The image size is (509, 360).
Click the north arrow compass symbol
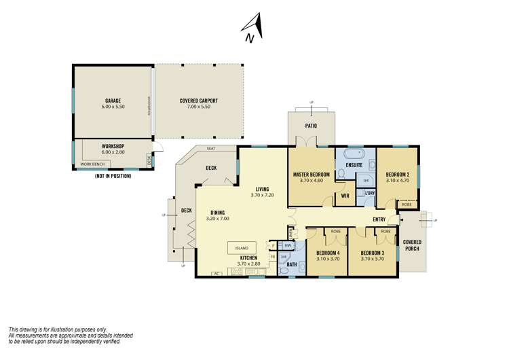(x=254, y=29)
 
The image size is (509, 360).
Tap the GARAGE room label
(x=113, y=101)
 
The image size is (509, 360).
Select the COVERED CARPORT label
(x=198, y=101)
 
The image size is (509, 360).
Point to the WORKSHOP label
(x=113, y=147)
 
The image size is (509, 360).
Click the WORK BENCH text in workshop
(x=93, y=164)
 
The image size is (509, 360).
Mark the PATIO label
(x=312, y=126)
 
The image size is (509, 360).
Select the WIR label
(x=345, y=196)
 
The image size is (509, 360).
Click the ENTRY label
(x=379, y=220)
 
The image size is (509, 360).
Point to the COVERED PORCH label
(x=412, y=245)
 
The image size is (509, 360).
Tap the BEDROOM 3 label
(x=373, y=253)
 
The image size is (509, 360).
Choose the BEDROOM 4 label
(x=328, y=253)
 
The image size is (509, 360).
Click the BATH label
(x=292, y=264)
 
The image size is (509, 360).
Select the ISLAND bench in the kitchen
(x=242, y=247)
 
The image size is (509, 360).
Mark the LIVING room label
(x=261, y=190)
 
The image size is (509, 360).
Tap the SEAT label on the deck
(x=211, y=149)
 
